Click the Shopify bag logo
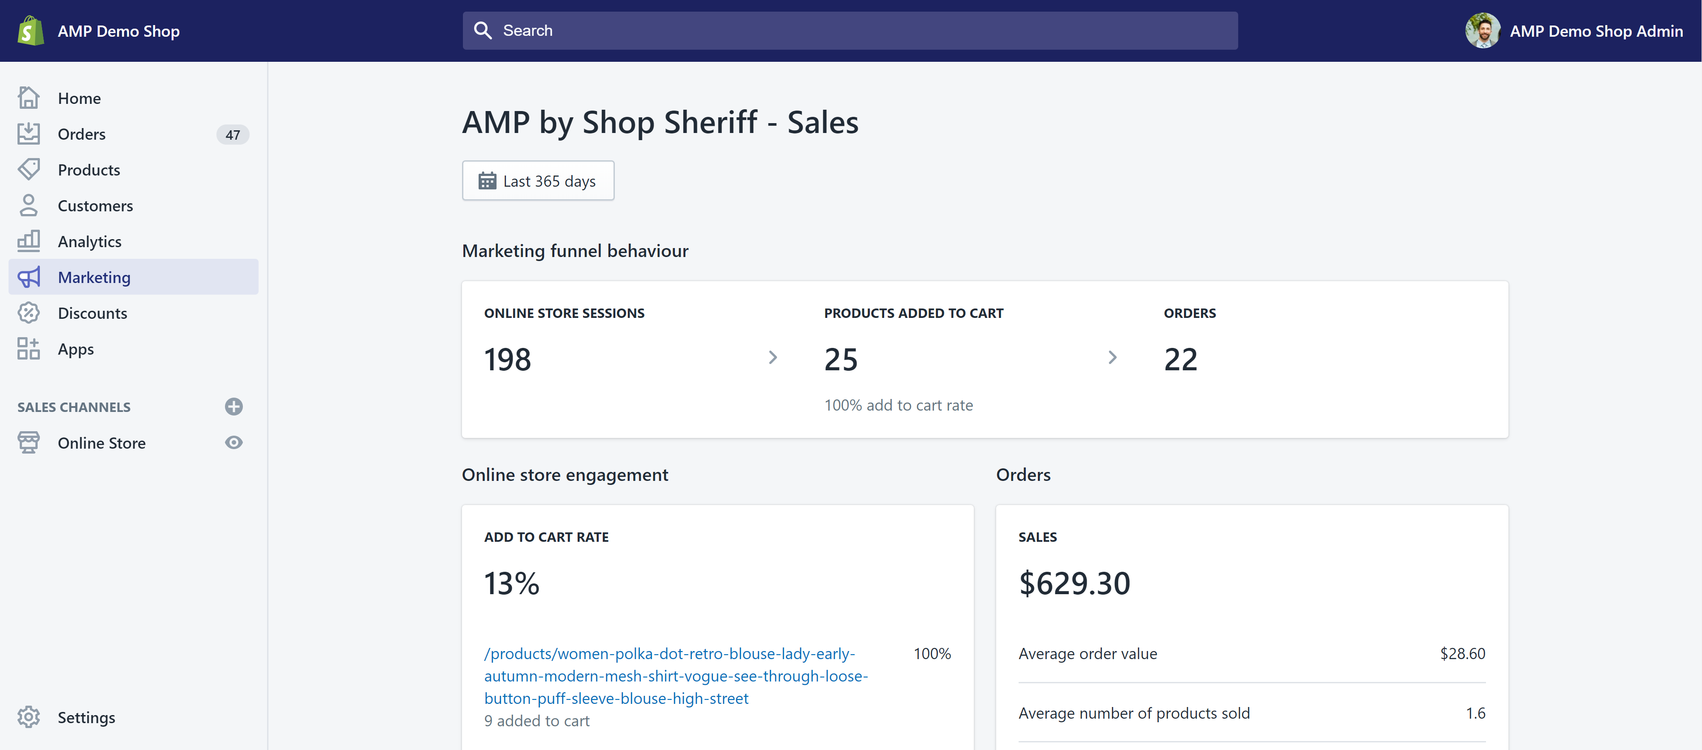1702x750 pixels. point(30,30)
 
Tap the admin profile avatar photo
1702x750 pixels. point(1482,30)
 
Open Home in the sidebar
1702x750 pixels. point(79,99)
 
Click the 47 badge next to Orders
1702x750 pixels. point(233,135)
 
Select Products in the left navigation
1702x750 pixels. point(89,170)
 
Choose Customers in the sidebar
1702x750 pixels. point(95,206)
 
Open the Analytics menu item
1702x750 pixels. point(89,242)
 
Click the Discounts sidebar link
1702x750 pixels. point(92,313)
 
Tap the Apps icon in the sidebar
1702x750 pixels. point(28,349)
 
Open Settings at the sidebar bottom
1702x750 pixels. point(86,718)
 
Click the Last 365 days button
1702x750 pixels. point(538,181)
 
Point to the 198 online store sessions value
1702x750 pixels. point(507,360)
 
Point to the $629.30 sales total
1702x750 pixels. point(1074,583)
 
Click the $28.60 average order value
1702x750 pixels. point(1462,654)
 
